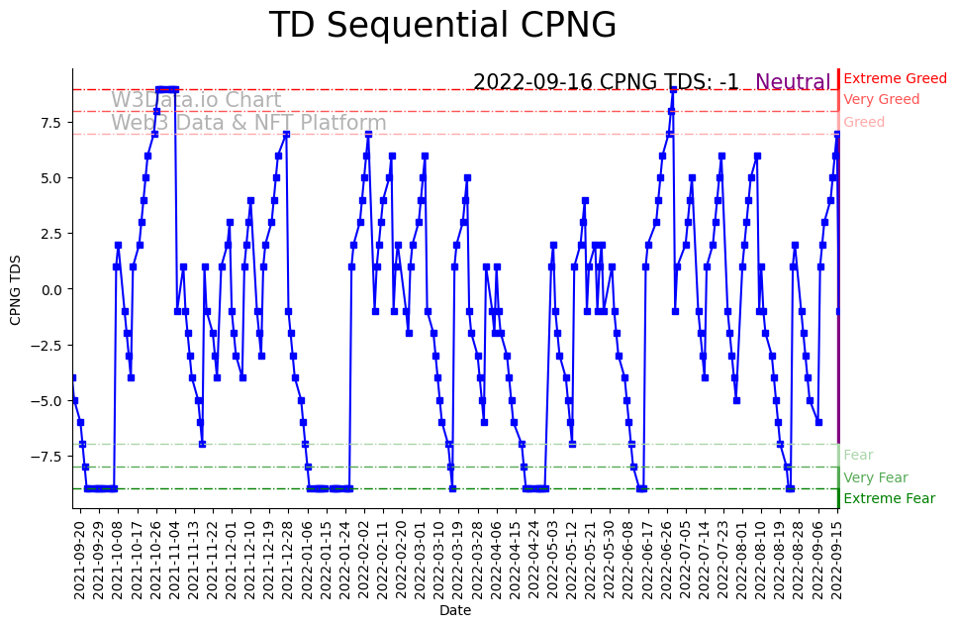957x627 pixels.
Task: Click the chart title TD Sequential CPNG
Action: tap(442, 26)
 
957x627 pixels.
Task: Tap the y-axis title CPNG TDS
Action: tap(15, 288)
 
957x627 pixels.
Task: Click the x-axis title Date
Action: tap(455, 611)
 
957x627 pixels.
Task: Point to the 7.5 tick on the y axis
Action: tap(50, 122)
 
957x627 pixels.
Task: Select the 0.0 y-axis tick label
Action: tap(50, 289)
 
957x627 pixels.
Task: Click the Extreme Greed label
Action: tap(895, 78)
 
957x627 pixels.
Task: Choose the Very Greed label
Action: tap(881, 99)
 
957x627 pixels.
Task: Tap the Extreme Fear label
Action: tap(889, 498)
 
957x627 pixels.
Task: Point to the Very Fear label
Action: tap(875, 477)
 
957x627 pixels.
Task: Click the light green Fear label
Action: tap(858, 455)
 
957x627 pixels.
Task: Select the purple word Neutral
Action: tap(793, 82)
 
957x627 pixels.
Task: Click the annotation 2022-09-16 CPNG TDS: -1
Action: tap(606, 82)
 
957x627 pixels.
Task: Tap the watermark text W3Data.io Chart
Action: tap(196, 100)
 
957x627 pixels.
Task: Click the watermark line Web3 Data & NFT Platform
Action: tap(248, 123)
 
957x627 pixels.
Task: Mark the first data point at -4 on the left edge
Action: tap(72, 378)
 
